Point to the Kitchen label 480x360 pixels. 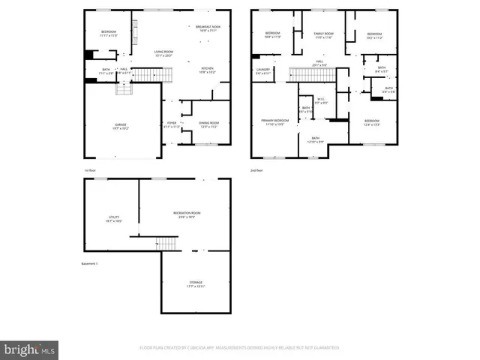(x=207, y=70)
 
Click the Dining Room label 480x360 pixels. (x=209, y=124)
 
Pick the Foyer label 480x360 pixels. (x=172, y=124)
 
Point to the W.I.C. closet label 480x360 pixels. (x=320, y=100)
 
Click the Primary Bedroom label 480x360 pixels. (x=275, y=122)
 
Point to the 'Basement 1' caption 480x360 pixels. (x=90, y=264)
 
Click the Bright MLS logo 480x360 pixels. (x=30, y=349)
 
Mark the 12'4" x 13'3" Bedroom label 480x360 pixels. (x=372, y=122)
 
